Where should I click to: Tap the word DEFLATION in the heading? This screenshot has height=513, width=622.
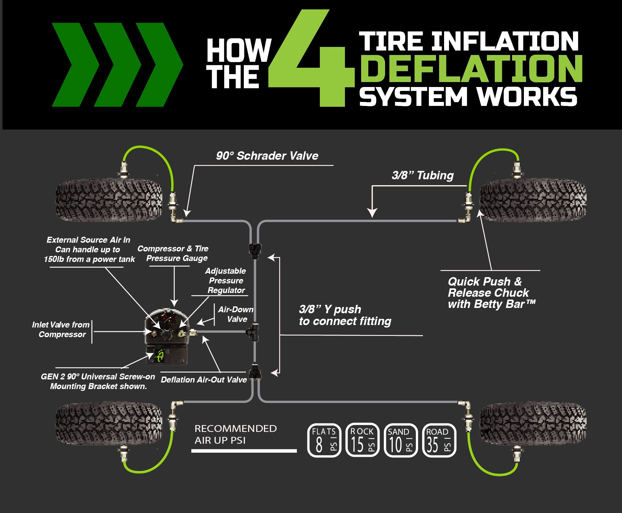click(470, 68)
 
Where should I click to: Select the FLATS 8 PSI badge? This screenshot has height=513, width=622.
click(324, 440)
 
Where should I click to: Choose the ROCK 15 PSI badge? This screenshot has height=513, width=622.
click(362, 440)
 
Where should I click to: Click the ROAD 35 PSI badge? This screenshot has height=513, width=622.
click(439, 440)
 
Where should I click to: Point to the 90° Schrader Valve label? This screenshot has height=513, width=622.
click(267, 156)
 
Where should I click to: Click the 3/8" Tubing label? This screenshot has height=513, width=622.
click(423, 175)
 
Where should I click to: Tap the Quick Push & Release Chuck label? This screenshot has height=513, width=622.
click(491, 293)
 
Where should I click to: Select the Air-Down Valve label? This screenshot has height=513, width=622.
click(236, 314)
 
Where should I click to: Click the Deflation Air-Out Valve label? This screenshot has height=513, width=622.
click(204, 379)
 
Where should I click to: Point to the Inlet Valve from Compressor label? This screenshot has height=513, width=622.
click(61, 329)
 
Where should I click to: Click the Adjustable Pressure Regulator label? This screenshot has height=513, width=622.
click(226, 281)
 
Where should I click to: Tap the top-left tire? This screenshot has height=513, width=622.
click(109, 199)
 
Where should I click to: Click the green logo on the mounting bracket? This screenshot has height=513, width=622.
click(160, 356)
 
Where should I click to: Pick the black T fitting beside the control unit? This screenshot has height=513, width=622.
click(253, 332)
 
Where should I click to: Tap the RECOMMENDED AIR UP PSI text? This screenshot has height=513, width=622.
click(235, 434)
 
